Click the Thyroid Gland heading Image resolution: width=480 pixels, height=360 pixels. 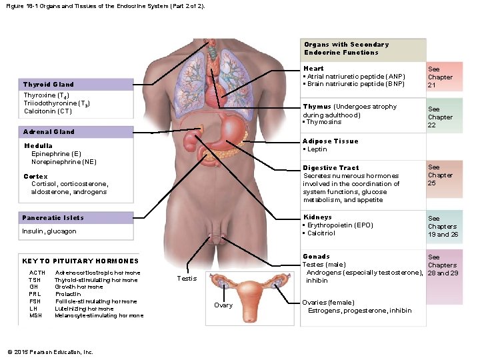coord(49,85)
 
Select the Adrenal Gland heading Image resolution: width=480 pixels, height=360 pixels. coord(49,132)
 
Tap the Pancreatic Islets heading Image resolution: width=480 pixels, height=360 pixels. coord(53,218)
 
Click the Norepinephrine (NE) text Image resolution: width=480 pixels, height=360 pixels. coord(64,161)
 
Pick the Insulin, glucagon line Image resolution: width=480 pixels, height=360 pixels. coord(49,231)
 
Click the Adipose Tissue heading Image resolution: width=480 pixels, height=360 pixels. coord(331,141)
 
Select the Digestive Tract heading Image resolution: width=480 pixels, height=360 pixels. coord(331,168)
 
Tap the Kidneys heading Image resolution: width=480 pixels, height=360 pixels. coord(317,217)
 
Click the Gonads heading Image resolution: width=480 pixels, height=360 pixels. coord(316,257)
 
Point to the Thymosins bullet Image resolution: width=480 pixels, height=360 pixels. coord(323,122)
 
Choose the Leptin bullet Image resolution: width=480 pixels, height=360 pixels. coord(316,149)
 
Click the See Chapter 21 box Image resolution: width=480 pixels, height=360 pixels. coord(441,77)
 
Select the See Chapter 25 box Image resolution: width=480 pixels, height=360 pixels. coord(441,175)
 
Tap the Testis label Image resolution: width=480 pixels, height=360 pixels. coord(187,278)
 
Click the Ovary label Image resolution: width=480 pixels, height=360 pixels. coord(223,305)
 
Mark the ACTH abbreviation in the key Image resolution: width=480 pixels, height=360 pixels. coord(38,273)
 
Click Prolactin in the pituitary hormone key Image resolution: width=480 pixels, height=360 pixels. coord(68,294)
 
